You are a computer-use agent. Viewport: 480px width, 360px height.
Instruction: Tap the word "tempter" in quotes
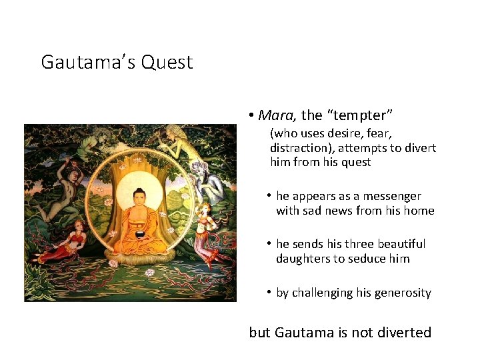[x=353, y=115]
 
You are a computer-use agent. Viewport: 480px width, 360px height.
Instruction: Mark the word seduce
[x=373, y=259]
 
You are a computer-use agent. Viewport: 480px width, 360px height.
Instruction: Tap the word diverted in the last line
[x=401, y=332]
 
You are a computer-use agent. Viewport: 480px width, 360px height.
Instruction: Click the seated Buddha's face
[x=139, y=198]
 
